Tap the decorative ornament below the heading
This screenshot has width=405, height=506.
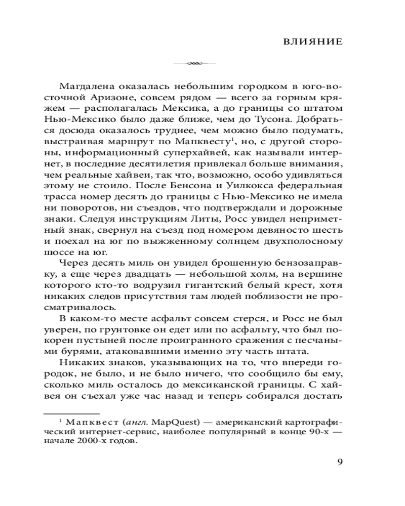coord(194,63)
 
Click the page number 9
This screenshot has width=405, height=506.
coord(340,462)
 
